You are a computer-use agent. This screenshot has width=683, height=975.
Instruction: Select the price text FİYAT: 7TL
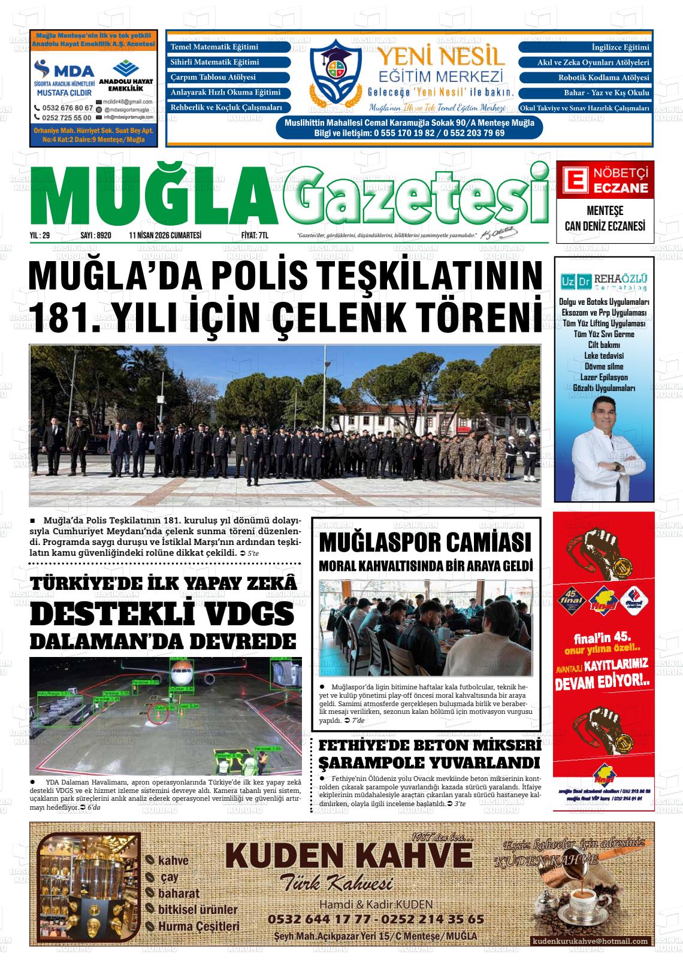click(x=255, y=236)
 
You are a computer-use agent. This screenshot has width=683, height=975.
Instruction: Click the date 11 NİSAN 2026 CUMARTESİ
click(x=165, y=236)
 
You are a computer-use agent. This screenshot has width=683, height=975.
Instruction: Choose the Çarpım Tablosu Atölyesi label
click(x=213, y=78)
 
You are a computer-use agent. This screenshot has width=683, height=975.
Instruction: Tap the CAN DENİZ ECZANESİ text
click(x=605, y=226)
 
